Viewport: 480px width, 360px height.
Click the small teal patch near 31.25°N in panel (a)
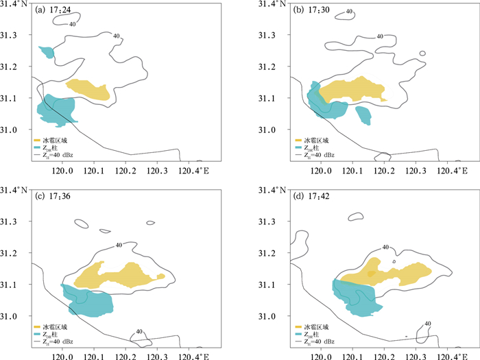(47, 51)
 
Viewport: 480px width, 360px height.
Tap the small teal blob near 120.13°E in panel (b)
(363, 115)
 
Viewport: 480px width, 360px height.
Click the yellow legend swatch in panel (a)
(38, 140)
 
